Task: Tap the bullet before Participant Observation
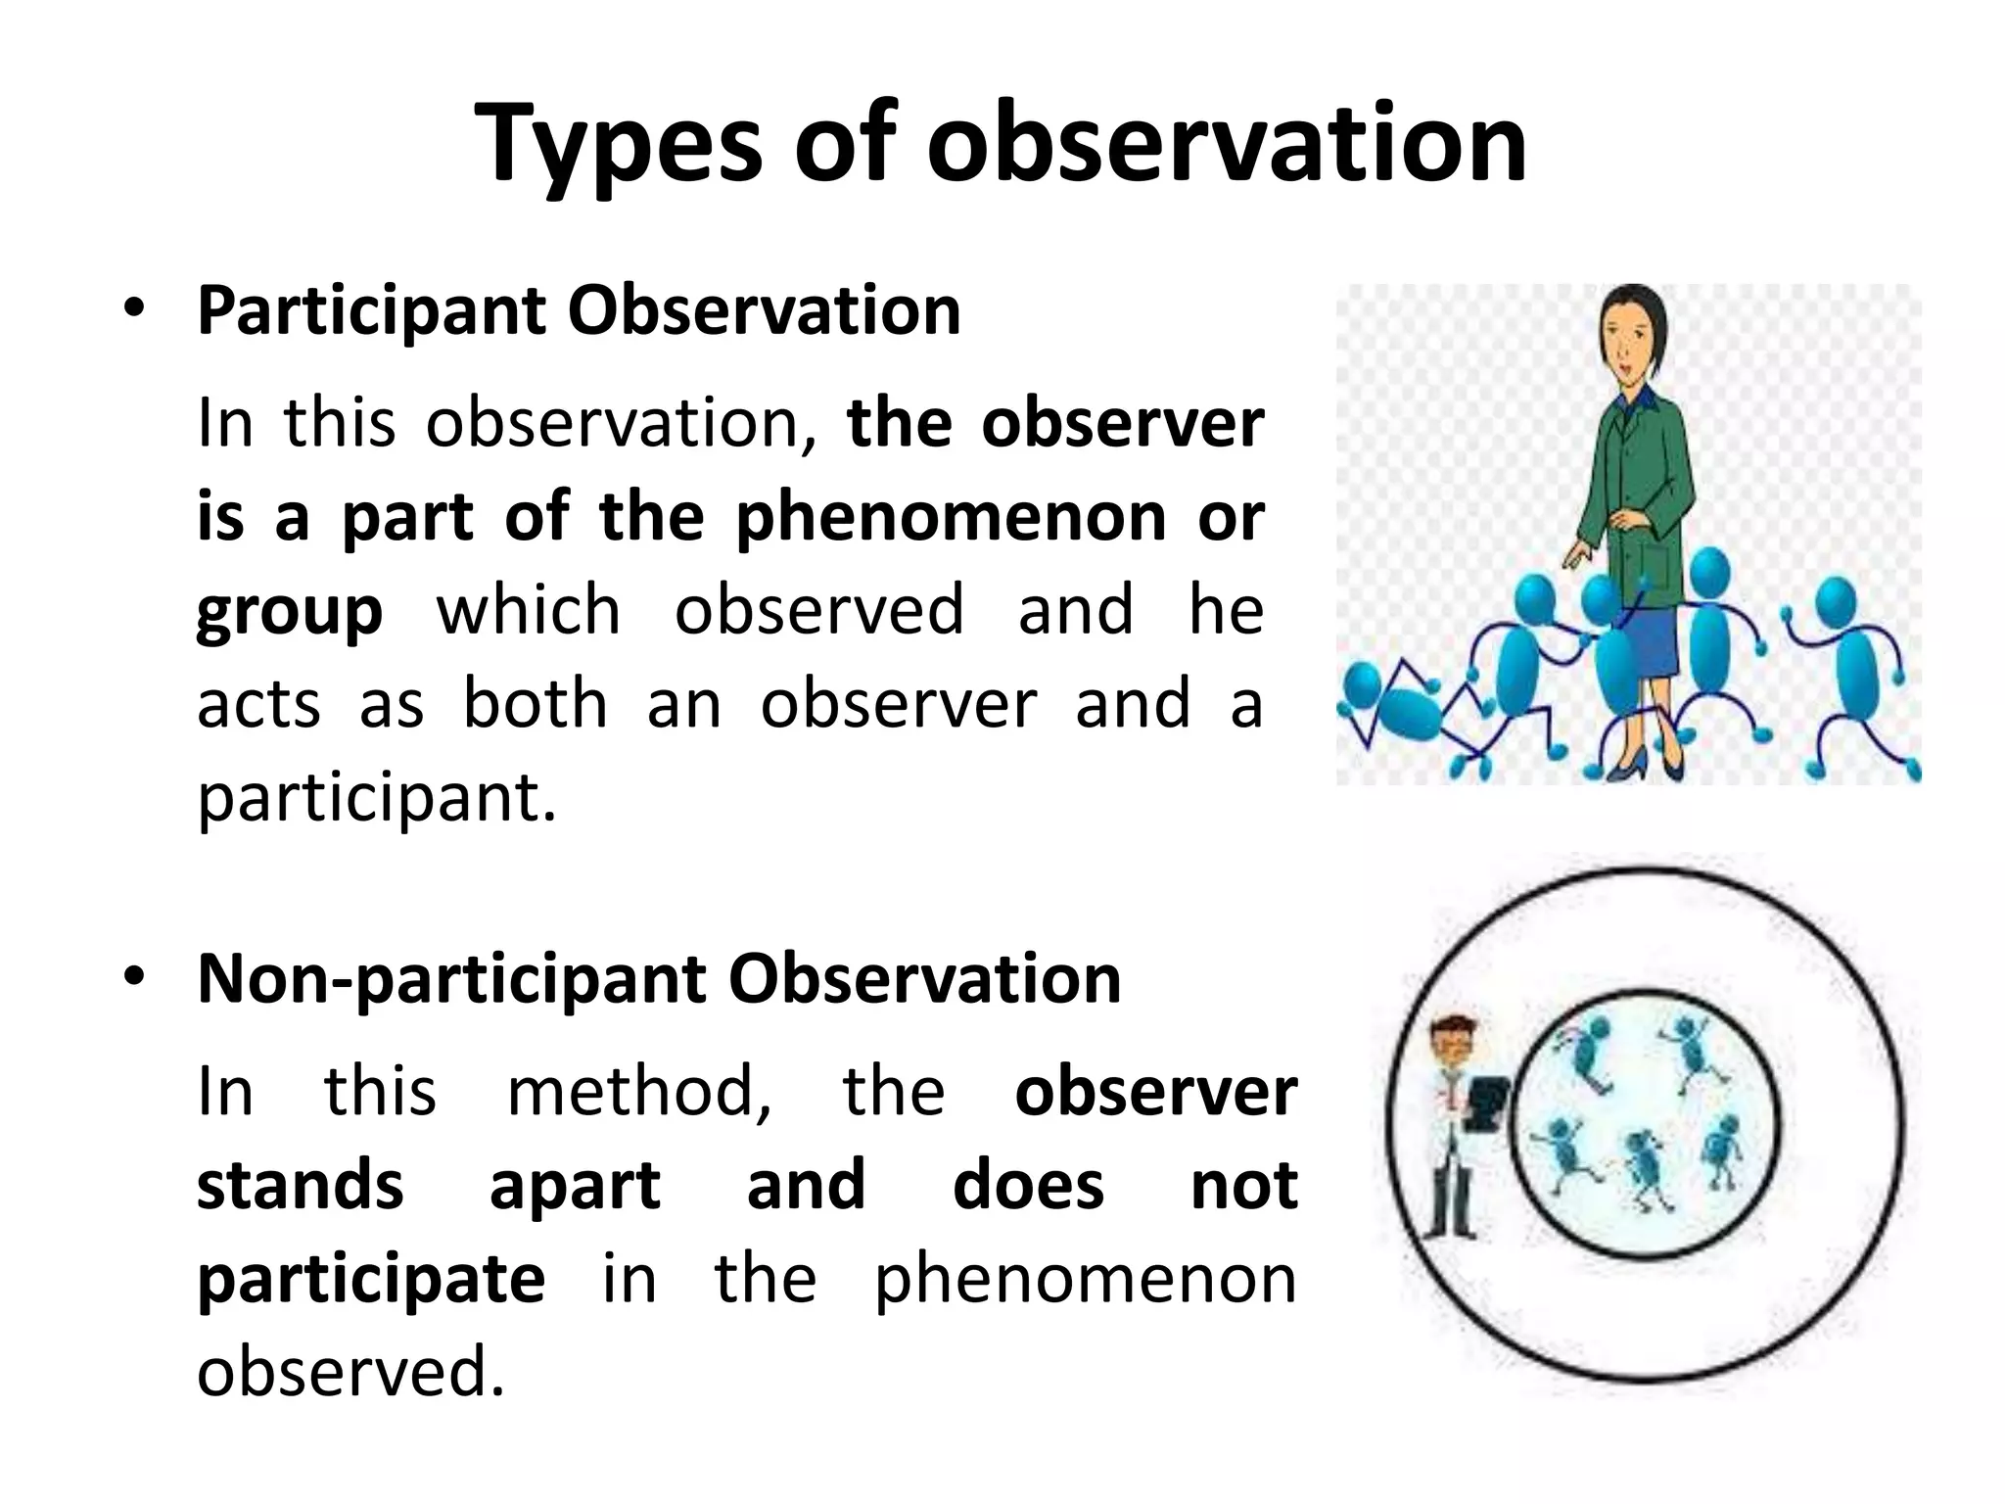(134, 310)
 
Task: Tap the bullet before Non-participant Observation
(134, 978)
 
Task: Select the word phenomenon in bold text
(951, 516)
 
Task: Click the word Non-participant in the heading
(450, 978)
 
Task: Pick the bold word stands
(301, 1184)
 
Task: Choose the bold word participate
(371, 1278)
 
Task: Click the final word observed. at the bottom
(350, 1371)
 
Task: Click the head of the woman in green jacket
(1630, 333)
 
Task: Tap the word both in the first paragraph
(535, 704)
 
